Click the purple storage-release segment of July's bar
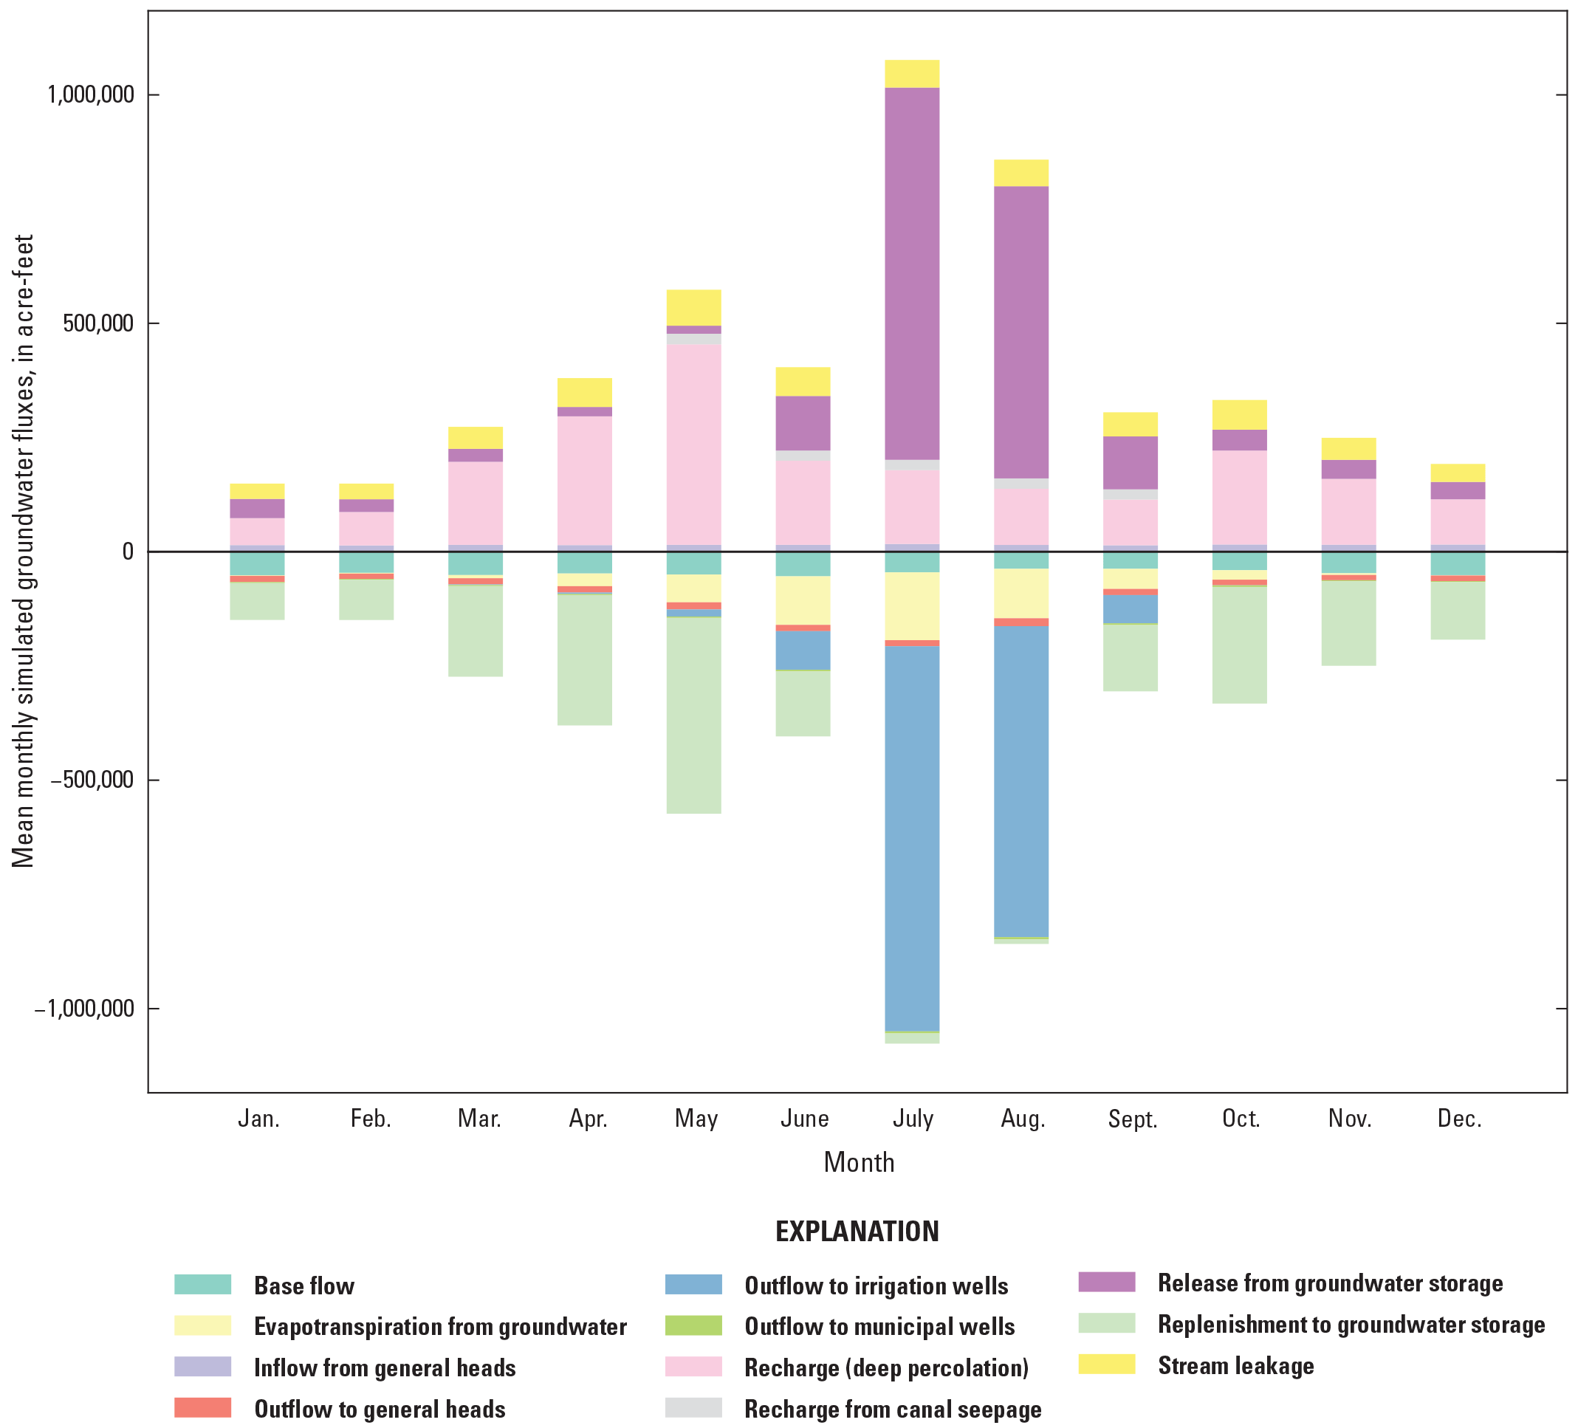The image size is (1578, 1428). click(x=912, y=274)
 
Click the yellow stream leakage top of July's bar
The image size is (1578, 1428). click(x=912, y=74)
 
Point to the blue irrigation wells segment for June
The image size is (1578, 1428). click(x=803, y=650)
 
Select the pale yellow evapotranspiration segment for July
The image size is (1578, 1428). click(x=912, y=606)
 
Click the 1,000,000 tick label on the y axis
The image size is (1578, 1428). click(x=91, y=95)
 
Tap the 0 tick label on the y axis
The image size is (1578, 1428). click(x=128, y=552)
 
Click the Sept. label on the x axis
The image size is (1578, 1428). click(x=1132, y=1119)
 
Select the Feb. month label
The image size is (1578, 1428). click(x=370, y=1119)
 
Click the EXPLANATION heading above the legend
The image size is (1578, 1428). click(x=857, y=1232)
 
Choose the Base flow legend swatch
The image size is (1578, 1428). click(x=203, y=1285)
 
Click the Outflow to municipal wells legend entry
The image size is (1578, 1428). click(x=879, y=1326)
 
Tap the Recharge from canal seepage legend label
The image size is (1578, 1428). click(x=892, y=1410)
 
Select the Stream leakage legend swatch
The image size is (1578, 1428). click(x=1106, y=1364)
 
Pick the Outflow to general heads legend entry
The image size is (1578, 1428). click(x=380, y=1410)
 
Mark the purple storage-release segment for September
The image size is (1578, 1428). click(x=1131, y=463)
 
